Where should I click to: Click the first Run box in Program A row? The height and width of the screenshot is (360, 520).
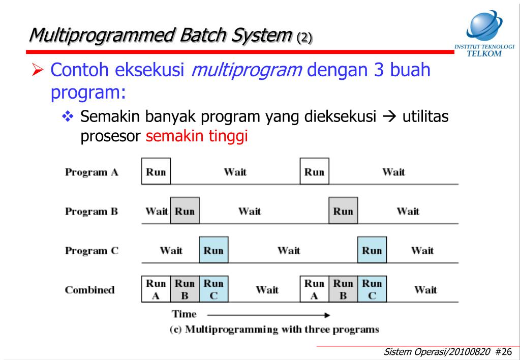tap(156, 171)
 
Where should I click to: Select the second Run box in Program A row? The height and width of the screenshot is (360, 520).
tap(315, 171)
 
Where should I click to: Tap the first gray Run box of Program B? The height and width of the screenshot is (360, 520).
tap(185, 211)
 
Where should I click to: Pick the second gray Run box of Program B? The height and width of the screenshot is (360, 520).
tap(343, 211)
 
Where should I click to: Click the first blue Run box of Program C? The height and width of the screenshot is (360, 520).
tap(213, 250)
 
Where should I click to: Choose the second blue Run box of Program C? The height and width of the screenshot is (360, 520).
tap(372, 250)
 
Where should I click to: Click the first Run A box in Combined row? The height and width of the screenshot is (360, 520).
tap(156, 289)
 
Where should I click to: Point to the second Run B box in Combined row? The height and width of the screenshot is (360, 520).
tap(343, 289)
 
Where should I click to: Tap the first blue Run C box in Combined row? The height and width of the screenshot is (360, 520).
tap(213, 289)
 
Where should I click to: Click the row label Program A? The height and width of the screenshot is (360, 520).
tap(91, 172)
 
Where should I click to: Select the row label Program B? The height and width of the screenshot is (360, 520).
tap(91, 211)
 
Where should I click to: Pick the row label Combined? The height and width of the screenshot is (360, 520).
tap(89, 290)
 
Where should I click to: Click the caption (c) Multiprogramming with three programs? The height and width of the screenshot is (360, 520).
tap(274, 329)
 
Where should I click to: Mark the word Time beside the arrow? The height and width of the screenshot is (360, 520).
tap(183, 314)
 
